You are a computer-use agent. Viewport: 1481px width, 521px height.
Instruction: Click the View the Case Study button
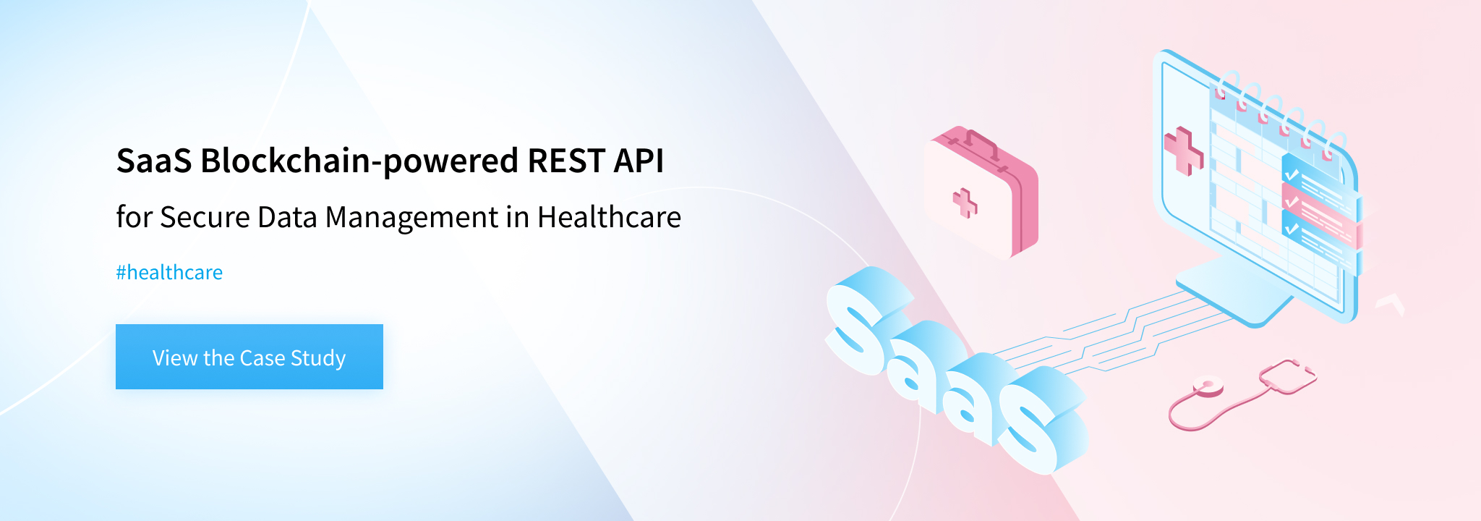(x=249, y=357)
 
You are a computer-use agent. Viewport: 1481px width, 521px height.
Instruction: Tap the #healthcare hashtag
(x=169, y=273)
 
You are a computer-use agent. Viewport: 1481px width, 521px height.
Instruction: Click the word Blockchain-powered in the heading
(x=359, y=161)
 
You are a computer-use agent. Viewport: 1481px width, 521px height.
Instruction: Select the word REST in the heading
(x=565, y=161)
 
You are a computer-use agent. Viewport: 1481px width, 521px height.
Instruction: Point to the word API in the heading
(x=639, y=161)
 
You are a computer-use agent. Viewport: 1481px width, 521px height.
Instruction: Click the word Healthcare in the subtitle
(x=609, y=217)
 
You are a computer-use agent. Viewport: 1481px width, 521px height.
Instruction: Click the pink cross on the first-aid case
(x=965, y=203)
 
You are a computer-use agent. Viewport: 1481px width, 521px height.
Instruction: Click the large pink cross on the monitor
(x=1183, y=151)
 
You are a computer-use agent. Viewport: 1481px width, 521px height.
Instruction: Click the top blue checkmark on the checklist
(x=1292, y=174)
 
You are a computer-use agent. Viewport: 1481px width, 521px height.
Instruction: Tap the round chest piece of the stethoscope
(x=1208, y=388)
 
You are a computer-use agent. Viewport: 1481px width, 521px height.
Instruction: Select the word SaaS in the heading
(x=154, y=161)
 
